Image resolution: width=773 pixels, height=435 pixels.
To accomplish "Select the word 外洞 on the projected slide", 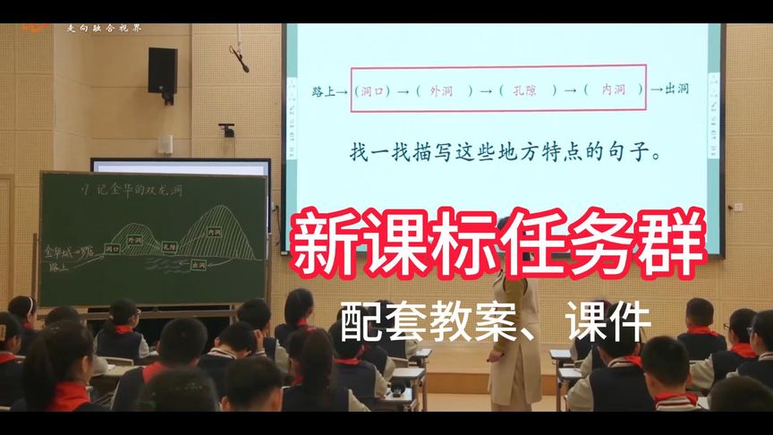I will [442, 90].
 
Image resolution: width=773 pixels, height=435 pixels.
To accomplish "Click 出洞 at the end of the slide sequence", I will [677, 90].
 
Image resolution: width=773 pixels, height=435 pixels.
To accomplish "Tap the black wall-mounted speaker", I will [162, 70].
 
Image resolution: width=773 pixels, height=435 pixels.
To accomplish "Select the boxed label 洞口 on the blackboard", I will [113, 248].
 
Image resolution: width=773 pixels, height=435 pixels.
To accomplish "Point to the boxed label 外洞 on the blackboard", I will [136, 240].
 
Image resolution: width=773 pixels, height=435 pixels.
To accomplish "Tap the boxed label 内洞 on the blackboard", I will [213, 232].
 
